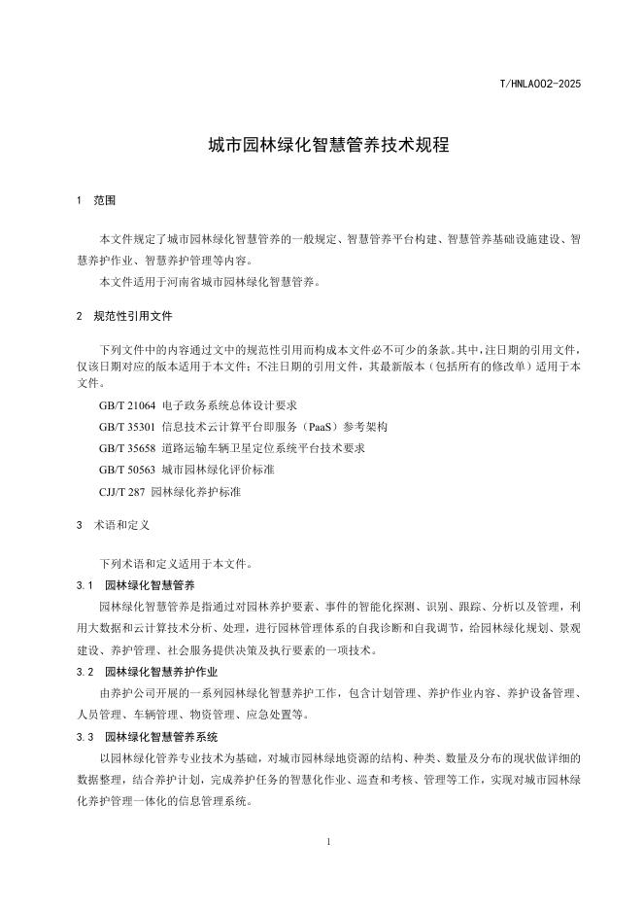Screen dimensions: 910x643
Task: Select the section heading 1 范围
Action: tap(96, 200)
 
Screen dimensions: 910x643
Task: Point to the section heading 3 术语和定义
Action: tap(112, 525)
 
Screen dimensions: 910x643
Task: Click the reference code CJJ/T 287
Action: tap(122, 492)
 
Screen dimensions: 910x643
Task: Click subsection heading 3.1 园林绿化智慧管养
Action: tap(136, 585)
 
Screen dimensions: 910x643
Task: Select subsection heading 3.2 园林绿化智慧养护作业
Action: tap(147, 672)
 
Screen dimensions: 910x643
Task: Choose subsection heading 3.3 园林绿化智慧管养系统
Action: tap(147, 737)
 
